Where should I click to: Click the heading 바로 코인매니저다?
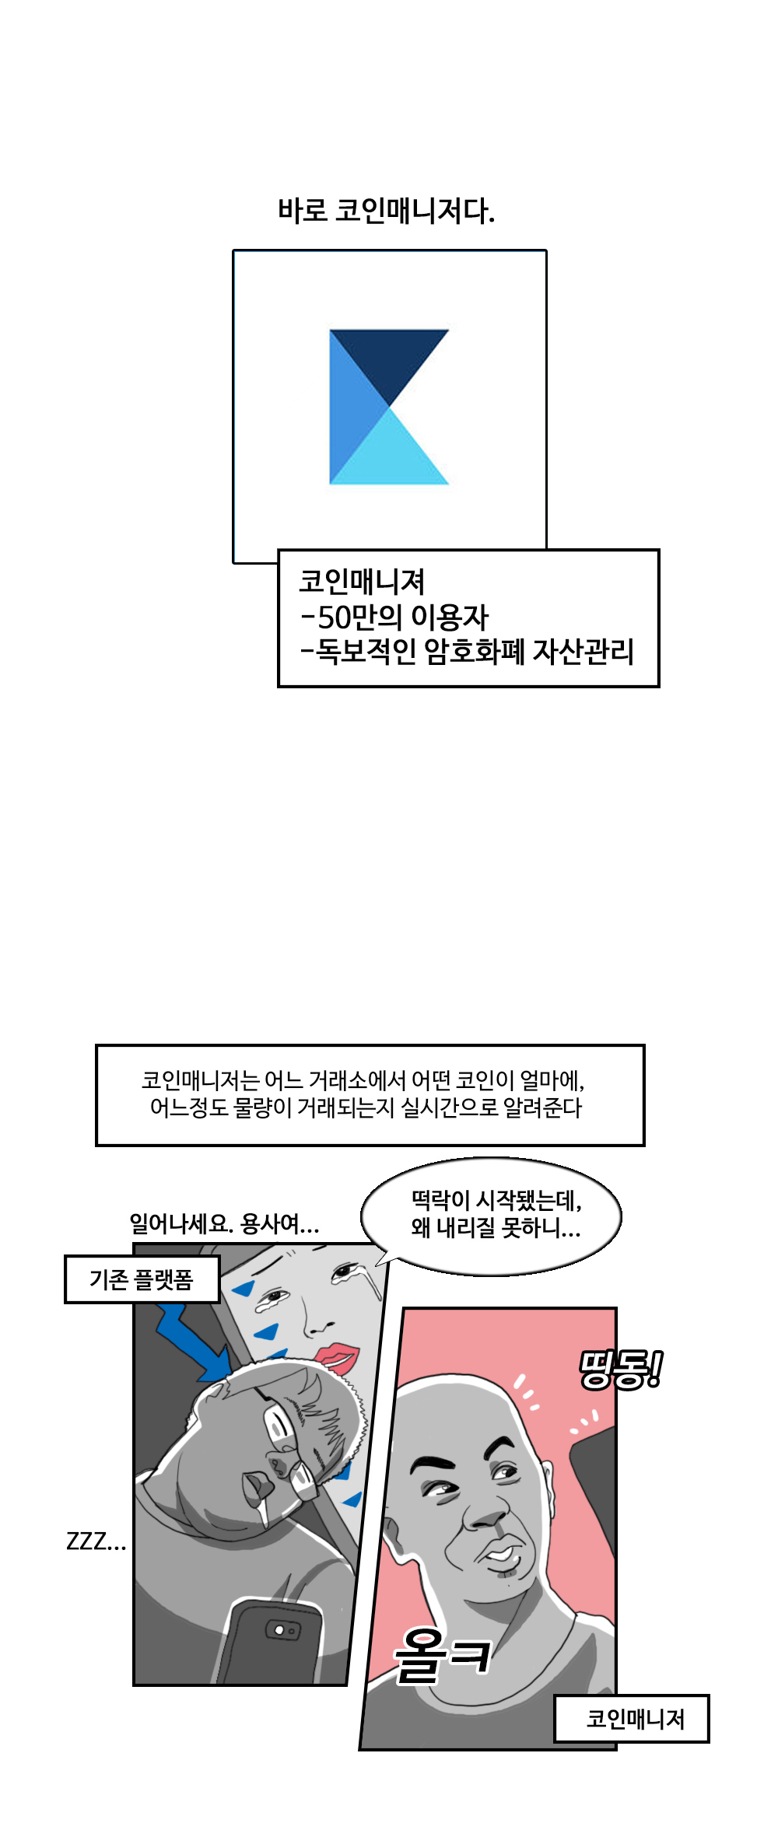(386, 211)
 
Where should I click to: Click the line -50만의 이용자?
(394, 617)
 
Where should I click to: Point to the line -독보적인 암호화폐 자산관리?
(467, 651)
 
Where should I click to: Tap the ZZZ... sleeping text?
(96, 1541)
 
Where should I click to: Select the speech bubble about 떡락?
(491, 1216)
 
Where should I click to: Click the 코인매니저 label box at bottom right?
(632, 1719)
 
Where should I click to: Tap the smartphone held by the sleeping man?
(271, 1641)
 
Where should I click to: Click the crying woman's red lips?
(337, 1357)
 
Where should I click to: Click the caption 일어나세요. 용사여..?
(224, 1223)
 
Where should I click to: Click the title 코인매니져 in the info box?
(362, 582)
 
